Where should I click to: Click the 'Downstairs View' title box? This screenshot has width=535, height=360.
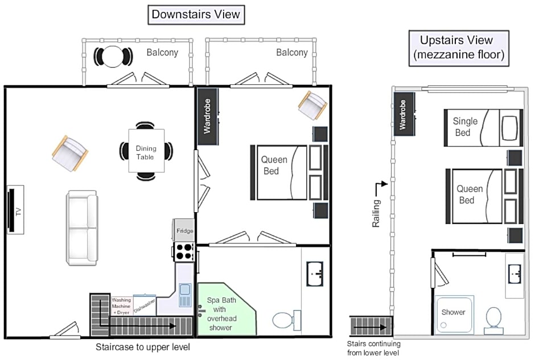click(x=196, y=15)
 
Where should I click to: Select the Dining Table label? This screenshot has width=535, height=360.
click(x=146, y=152)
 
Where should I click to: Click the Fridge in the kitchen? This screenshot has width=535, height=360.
click(x=183, y=230)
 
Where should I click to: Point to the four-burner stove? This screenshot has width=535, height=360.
click(x=184, y=251)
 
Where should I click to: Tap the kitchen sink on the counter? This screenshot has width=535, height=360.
click(x=185, y=295)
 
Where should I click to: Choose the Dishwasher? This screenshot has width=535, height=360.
click(x=145, y=305)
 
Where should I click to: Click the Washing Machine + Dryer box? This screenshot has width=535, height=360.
click(x=121, y=306)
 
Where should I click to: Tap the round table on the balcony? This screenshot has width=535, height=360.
click(x=113, y=57)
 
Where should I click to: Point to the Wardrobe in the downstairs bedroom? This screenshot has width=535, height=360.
click(x=207, y=117)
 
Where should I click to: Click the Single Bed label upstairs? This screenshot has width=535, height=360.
click(x=465, y=127)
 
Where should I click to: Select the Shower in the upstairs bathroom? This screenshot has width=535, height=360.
click(x=454, y=314)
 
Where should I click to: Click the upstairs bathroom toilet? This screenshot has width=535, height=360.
click(x=493, y=321)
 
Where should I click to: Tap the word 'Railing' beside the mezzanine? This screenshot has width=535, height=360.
click(x=376, y=213)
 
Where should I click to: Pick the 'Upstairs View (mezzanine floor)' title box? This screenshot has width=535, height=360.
click(x=459, y=48)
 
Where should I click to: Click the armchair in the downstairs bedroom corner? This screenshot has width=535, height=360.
click(x=312, y=105)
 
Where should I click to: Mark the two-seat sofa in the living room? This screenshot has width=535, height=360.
click(x=81, y=228)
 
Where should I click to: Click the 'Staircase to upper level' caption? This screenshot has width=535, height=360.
click(x=143, y=347)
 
